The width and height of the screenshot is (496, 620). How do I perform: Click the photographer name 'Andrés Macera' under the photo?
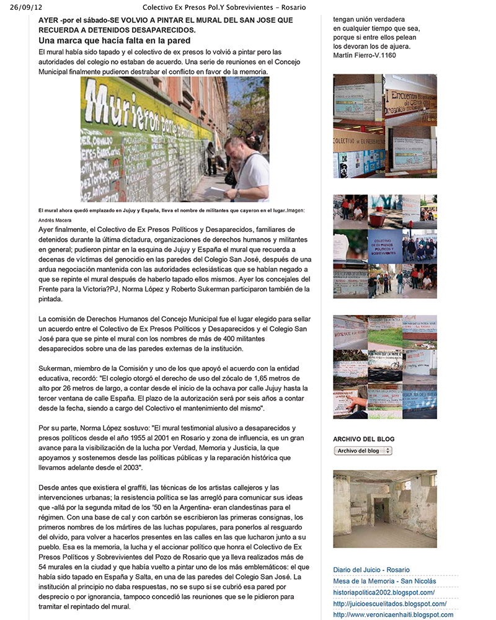(56, 219)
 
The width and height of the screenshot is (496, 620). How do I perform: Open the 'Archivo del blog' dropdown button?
(363, 451)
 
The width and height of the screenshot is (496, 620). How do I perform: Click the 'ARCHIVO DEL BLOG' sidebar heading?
(363, 439)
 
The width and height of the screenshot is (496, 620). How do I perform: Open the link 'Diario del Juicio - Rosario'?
(371, 570)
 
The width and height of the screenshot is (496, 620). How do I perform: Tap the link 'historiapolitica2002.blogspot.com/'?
(392, 592)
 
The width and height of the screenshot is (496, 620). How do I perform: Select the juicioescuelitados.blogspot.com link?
(389, 603)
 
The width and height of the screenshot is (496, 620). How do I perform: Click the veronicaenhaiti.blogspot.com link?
(392, 614)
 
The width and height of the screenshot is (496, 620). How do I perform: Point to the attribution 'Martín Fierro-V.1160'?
(365, 55)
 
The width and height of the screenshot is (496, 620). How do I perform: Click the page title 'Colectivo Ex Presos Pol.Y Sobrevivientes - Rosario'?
(229, 7)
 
